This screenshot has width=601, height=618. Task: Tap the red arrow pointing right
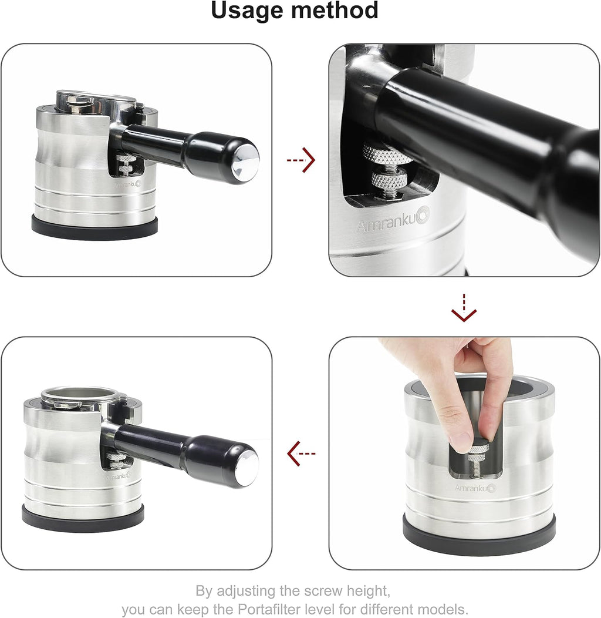(x=301, y=160)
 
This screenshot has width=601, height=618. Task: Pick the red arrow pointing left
(x=301, y=453)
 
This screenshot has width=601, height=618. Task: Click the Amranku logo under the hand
(x=475, y=488)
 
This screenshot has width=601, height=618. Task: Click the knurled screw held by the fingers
(x=479, y=449)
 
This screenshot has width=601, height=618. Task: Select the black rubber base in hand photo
(x=479, y=536)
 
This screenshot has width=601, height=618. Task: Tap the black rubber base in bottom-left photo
(x=83, y=519)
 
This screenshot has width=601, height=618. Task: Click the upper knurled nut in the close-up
(x=387, y=155)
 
